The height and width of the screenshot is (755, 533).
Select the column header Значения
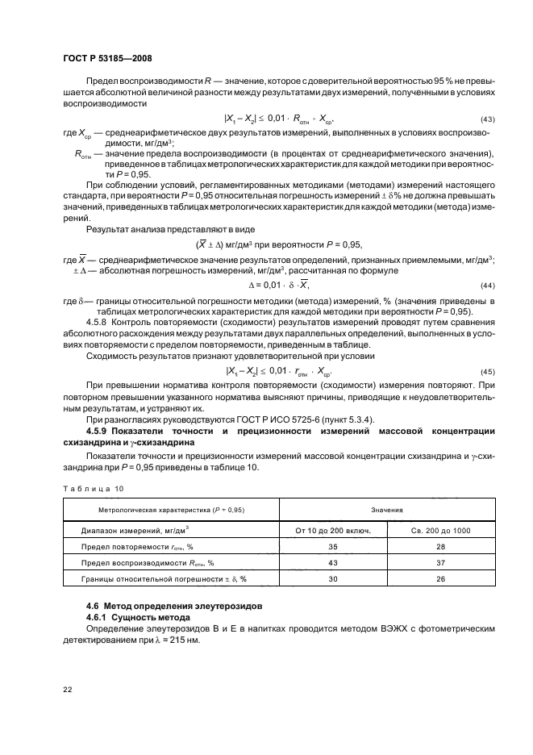[386, 510]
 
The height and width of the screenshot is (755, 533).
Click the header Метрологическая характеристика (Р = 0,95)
[171, 510]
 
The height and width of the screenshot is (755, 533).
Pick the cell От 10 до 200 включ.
[333, 531]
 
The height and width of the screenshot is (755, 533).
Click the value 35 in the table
[333, 547]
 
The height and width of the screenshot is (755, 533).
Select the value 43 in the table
[333, 562]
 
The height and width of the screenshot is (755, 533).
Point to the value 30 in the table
[333, 578]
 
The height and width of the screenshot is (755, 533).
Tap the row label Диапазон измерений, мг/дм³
[135, 531]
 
